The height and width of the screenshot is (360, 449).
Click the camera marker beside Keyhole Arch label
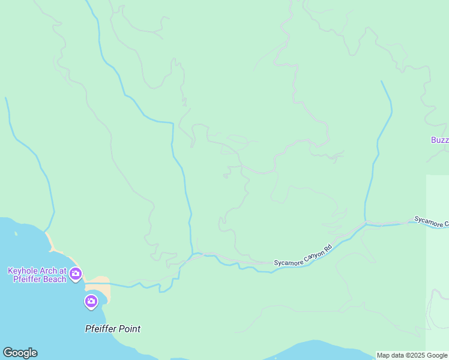[x=76, y=274]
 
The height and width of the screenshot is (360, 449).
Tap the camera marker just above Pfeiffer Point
[x=91, y=301]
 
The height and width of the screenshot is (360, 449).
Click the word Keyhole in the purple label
[x=22, y=271]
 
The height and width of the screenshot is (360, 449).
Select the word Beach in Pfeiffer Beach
[x=52, y=279]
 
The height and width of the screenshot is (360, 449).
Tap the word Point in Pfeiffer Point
[x=129, y=329]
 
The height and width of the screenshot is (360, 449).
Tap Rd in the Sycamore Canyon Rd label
[x=328, y=248]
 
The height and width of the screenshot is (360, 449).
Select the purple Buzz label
[x=439, y=140]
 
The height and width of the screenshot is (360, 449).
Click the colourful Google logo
[x=20, y=353]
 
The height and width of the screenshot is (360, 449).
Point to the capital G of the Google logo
[x=7, y=353]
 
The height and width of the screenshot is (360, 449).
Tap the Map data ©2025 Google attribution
[x=412, y=355]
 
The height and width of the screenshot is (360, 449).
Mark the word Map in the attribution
[x=383, y=355]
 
